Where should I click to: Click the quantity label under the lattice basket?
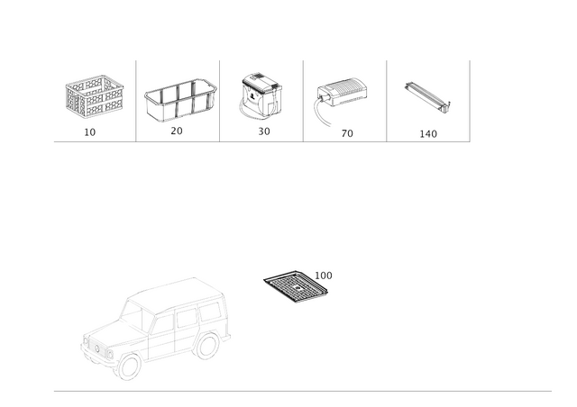90,132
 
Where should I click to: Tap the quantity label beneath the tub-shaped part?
177,132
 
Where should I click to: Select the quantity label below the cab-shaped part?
263,132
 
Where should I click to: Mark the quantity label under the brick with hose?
346,132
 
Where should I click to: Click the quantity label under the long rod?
428,132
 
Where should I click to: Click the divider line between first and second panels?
136,99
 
